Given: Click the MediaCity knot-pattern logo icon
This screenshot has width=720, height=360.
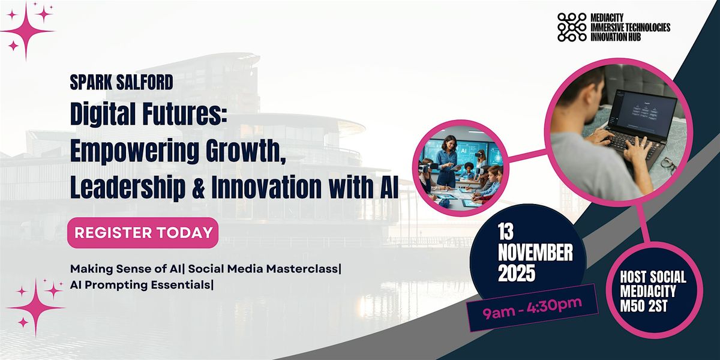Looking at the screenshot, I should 572,27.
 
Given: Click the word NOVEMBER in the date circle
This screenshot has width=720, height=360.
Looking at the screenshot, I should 535,253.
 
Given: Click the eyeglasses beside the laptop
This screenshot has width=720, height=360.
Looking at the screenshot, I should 668,163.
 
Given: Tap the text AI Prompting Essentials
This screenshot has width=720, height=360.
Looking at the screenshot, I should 141,285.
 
